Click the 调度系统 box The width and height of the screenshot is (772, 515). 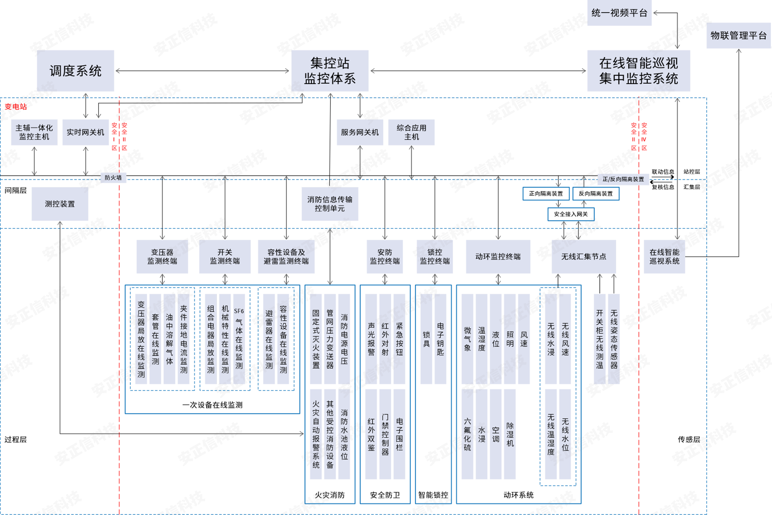pos(75,71)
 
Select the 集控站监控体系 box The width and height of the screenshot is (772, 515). pos(330,71)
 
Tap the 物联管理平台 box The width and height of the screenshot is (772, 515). pos(738,35)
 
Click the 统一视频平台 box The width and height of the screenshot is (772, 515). pos(619,13)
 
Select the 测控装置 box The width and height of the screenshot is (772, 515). pos(60,204)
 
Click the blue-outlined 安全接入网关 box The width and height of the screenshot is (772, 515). pos(571,214)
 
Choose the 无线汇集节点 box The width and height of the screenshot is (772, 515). pos(583,257)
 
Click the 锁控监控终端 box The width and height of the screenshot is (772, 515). pos(435,257)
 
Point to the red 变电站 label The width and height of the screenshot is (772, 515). pos(16,107)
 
